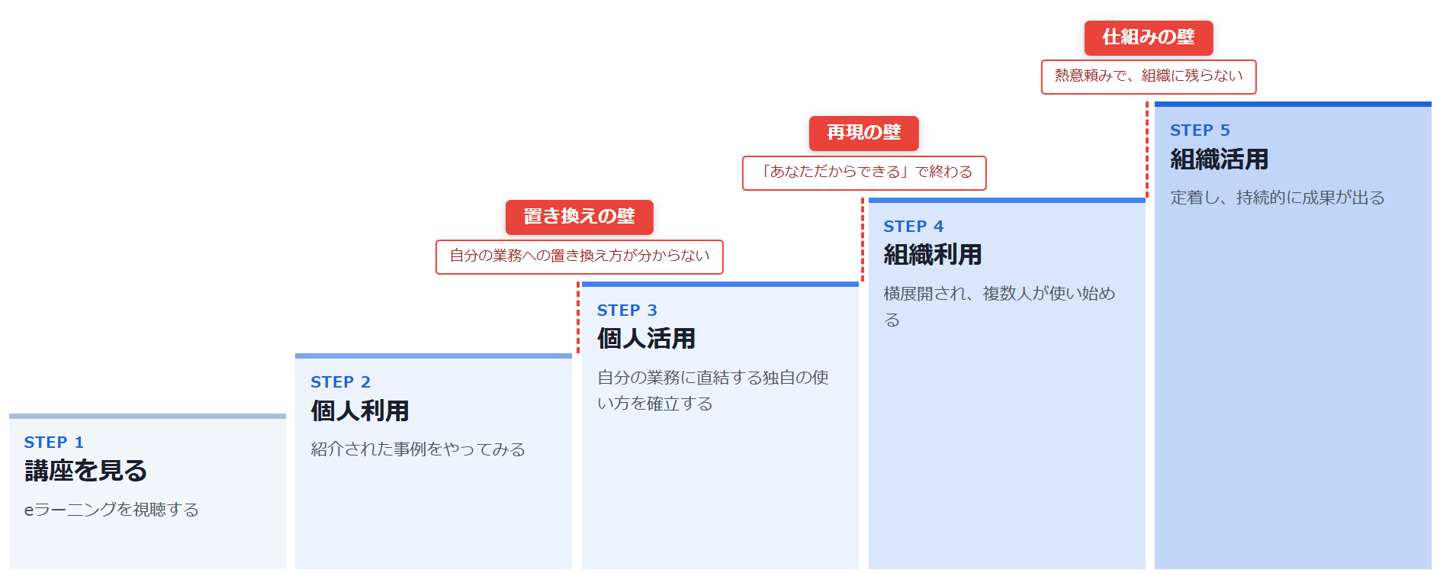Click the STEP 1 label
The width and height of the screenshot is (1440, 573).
[x=53, y=443]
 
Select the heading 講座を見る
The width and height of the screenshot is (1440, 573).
[x=85, y=471]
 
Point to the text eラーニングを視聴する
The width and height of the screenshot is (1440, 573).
[x=111, y=510]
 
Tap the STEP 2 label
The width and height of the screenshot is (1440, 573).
[x=340, y=382]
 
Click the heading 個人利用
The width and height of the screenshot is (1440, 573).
[x=359, y=411]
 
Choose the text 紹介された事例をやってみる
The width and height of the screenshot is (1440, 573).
[x=418, y=449]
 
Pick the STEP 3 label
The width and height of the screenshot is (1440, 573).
[x=627, y=311]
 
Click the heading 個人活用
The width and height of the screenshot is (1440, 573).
[x=646, y=339]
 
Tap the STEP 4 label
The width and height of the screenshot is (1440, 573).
[x=914, y=227]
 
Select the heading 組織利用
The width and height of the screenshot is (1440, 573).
[x=933, y=255]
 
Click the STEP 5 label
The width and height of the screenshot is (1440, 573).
[x=1201, y=130]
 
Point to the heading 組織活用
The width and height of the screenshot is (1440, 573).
[x=1220, y=159]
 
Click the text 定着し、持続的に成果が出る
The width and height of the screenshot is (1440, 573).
[x=1278, y=198]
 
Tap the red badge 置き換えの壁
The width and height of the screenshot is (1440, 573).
[x=580, y=217]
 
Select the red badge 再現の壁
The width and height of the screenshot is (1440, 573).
[x=864, y=134]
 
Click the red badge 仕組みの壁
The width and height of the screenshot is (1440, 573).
[x=1149, y=38]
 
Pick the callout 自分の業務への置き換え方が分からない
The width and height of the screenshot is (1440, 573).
[x=580, y=257]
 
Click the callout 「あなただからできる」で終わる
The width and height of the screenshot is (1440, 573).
[x=864, y=173]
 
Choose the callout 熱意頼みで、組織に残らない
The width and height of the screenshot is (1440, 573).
[x=1149, y=77]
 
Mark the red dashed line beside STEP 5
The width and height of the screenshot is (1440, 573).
[x=1147, y=150]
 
